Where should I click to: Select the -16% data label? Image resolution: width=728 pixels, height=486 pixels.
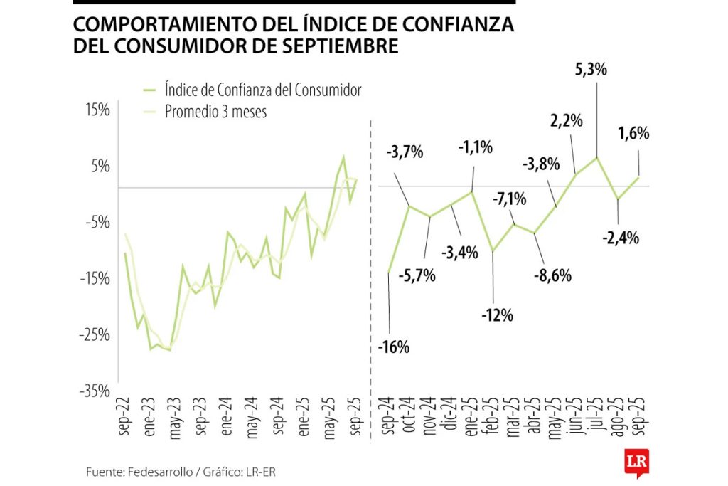(x=395, y=347)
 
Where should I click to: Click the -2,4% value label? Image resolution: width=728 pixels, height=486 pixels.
(x=621, y=238)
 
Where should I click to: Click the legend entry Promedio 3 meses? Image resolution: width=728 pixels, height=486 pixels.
(x=215, y=112)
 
